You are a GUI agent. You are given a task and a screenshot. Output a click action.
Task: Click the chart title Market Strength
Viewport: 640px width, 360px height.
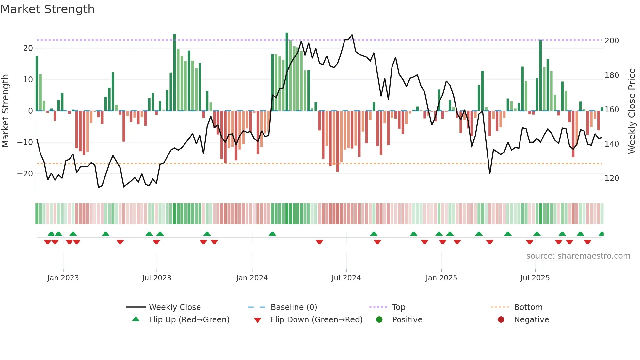(47, 9)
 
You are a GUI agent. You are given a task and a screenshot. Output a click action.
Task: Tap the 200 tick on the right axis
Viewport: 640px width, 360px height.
(612, 41)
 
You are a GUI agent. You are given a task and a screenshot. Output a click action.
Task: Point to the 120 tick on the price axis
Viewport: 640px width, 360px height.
(612, 178)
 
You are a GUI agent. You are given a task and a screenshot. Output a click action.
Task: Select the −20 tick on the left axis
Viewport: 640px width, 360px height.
(25, 174)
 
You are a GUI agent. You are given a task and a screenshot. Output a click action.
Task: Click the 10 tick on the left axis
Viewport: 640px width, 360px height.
(28, 80)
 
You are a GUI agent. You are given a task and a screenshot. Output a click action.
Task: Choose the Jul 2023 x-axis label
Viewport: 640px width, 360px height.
(157, 278)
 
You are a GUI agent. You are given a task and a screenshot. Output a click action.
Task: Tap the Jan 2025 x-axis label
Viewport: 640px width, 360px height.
(441, 278)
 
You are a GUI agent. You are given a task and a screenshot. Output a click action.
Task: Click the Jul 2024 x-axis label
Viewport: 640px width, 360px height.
(346, 278)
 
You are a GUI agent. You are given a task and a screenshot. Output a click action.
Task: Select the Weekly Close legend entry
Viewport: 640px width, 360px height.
(175, 307)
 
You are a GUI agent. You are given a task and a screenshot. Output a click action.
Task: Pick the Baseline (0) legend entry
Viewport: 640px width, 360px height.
(294, 307)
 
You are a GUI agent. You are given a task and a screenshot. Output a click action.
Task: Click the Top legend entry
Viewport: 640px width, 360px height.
(398, 307)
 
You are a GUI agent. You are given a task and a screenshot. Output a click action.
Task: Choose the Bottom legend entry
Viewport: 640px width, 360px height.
(528, 307)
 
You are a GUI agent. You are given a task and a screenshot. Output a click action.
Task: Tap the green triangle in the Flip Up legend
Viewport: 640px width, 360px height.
(136, 319)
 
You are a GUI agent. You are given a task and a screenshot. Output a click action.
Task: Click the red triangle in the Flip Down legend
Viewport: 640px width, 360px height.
(257, 320)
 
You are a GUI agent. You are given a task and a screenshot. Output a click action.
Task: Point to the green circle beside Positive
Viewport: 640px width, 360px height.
(379, 319)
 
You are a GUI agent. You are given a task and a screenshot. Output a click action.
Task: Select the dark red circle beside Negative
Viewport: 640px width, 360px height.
(501, 319)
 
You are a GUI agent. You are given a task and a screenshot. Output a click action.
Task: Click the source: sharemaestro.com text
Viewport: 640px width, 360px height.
(578, 256)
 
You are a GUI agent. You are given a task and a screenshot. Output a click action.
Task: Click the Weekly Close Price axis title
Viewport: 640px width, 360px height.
(632, 111)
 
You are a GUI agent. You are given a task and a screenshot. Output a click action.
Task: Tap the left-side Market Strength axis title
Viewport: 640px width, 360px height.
(6, 111)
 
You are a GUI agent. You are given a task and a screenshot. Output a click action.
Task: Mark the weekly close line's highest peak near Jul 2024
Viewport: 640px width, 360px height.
(352, 35)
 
